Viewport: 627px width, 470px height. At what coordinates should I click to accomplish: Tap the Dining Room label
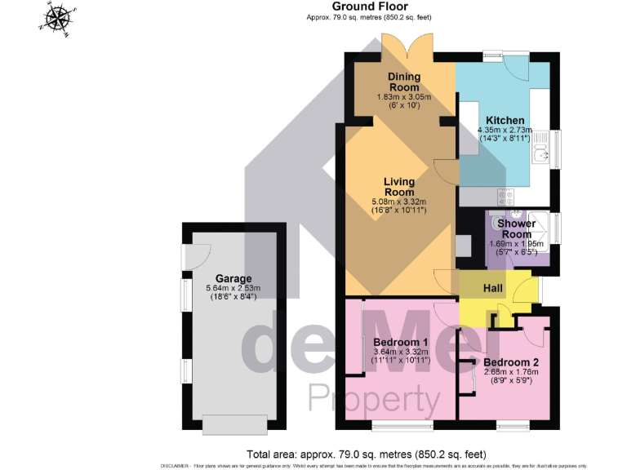403,82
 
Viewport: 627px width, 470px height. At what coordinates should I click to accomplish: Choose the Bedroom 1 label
400,342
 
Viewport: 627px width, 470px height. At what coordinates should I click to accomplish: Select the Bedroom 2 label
510,362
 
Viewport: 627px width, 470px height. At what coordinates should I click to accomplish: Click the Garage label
233,278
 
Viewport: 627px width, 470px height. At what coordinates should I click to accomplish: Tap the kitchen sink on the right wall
540,153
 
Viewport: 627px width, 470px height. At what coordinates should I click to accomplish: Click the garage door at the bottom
233,425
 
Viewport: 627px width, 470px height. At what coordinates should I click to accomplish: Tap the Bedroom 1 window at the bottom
402,425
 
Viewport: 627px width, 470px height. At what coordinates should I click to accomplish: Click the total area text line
366,454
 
